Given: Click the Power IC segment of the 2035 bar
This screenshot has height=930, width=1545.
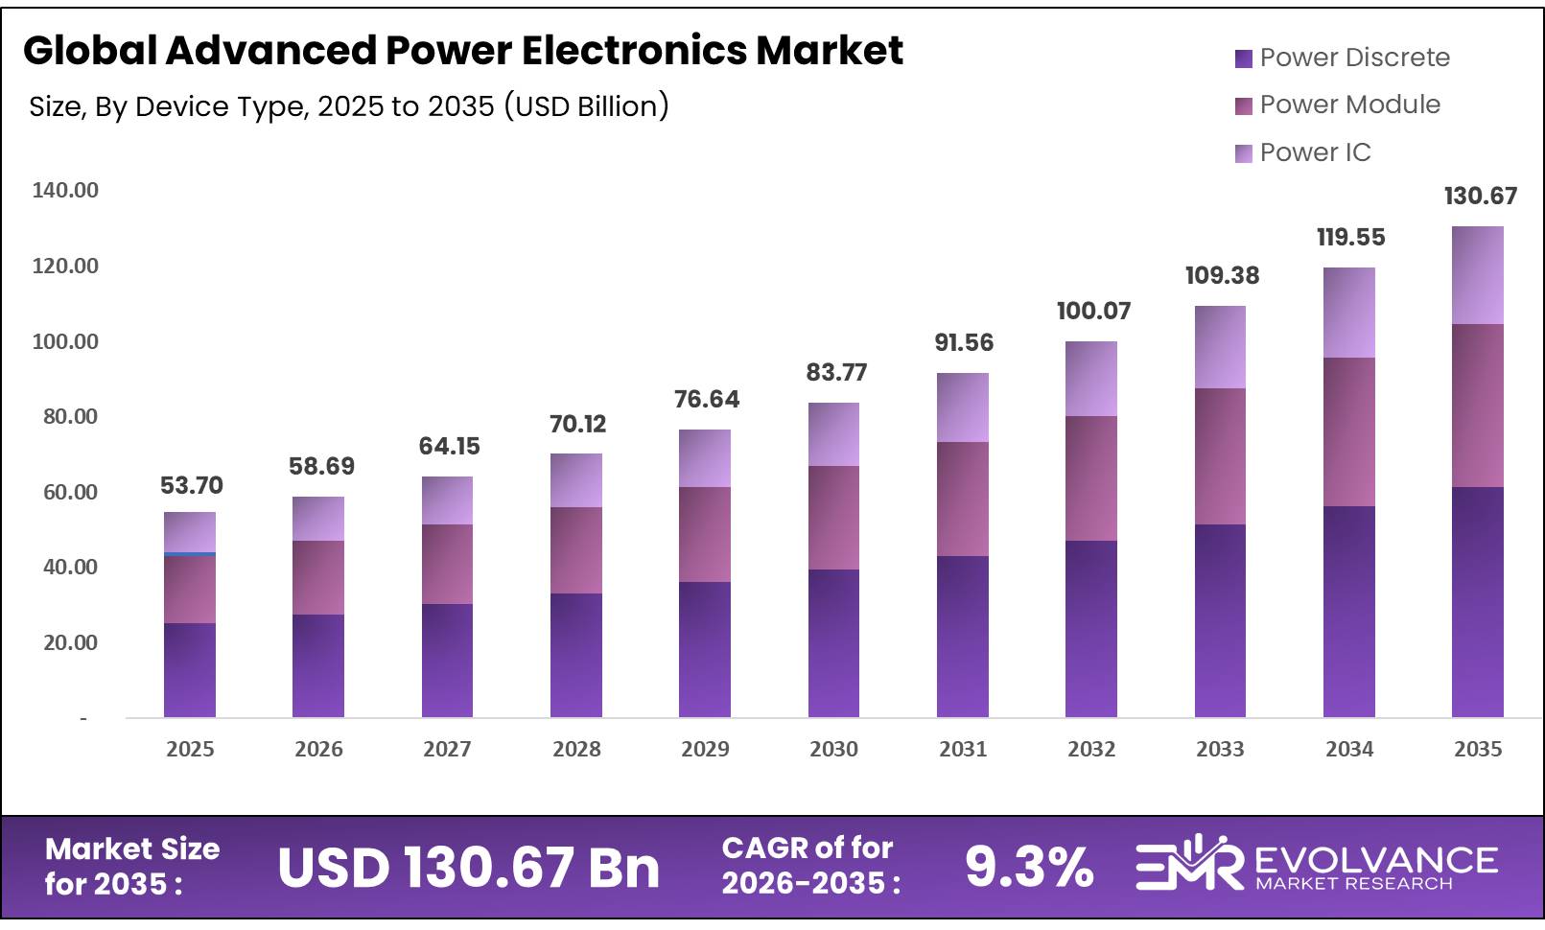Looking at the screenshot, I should [x=1477, y=275].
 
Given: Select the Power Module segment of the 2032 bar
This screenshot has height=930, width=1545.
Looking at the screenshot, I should [x=1090, y=478].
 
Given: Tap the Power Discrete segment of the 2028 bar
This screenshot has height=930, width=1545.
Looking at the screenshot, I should [x=575, y=655].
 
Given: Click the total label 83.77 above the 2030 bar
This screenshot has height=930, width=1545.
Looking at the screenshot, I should [x=836, y=372].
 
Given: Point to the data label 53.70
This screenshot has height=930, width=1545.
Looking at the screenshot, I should [x=191, y=485].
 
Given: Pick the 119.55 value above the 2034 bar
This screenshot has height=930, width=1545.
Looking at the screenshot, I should [x=1350, y=237].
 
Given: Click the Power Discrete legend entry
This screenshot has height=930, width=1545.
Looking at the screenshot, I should [x=1353, y=58].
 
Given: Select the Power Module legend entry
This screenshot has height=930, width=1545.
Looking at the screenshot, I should [x=1348, y=105].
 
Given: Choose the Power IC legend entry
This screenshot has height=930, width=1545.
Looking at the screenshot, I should [x=1314, y=152].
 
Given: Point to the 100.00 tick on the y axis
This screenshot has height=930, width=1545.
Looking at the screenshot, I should [x=65, y=341].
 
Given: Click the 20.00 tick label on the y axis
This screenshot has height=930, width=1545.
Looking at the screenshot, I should [x=70, y=642].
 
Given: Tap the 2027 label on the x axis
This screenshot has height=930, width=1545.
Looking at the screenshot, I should [x=447, y=749].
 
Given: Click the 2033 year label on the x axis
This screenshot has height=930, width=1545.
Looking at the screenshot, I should [x=1219, y=749].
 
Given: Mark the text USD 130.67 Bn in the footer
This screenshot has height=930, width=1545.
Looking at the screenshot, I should [x=468, y=868].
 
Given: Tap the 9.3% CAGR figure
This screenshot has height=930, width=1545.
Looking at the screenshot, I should [x=1028, y=867].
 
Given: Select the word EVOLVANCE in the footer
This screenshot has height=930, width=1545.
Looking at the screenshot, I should [x=1375, y=859].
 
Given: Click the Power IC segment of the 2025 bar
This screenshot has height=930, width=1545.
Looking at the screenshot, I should [x=190, y=532].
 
